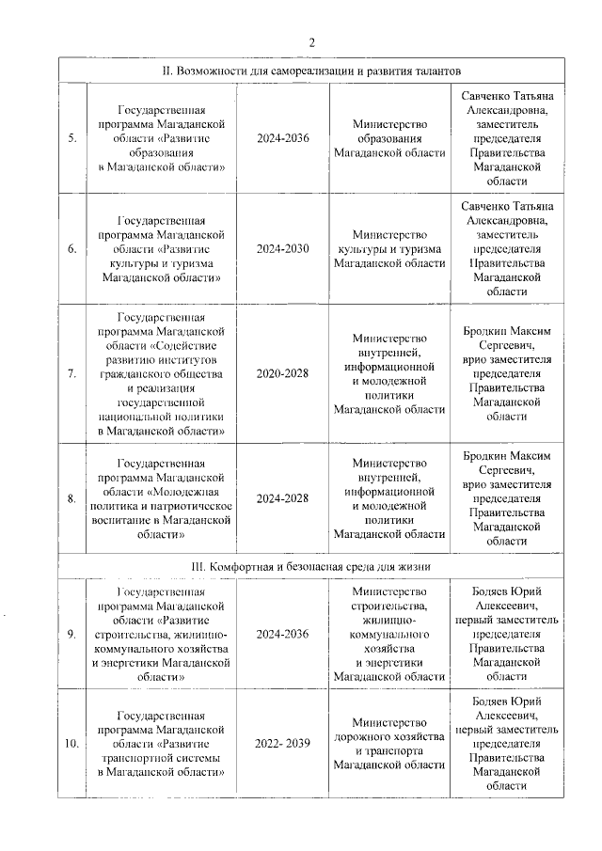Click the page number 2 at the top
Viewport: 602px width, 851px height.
(311, 41)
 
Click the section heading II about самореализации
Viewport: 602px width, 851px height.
(311, 71)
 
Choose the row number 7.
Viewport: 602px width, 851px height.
(72, 373)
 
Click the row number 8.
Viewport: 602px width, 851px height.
(72, 498)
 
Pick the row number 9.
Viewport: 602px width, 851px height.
(72, 634)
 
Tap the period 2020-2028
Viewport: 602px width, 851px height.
(282, 373)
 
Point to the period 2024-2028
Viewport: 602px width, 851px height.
(282, 498)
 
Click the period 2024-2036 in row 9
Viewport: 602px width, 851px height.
(282, 634)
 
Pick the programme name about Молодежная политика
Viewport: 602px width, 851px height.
(161, 498)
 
